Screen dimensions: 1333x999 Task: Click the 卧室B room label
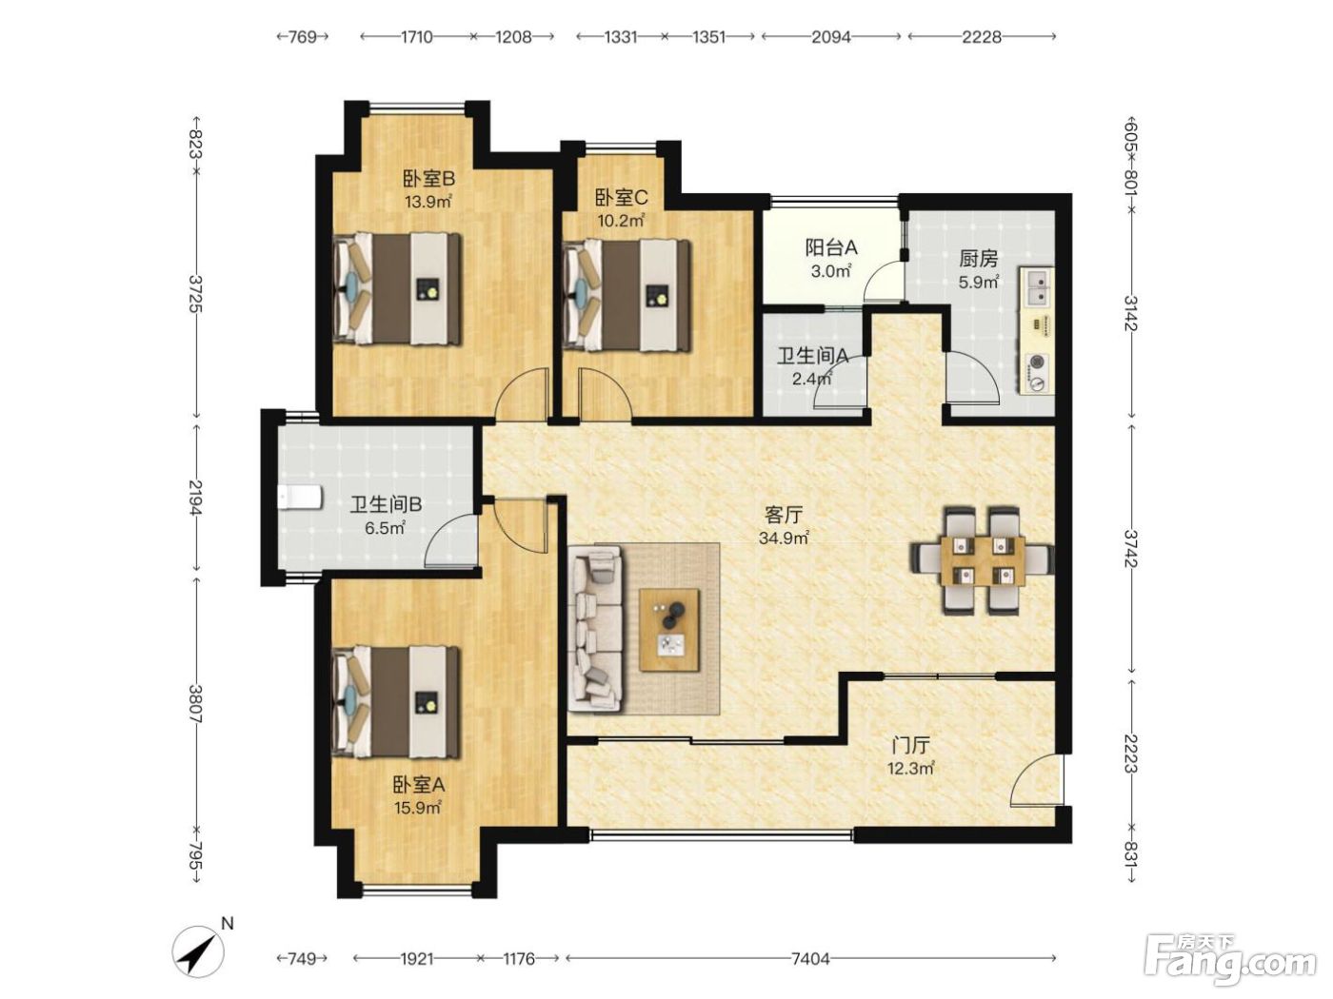[x=428, y=178]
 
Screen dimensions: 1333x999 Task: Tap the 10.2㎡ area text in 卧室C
[x=621, y=220]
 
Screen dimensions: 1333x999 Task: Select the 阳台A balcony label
[x=831, y=247]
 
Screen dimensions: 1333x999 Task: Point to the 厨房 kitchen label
[x=979, y=259]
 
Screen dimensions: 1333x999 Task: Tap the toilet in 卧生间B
[x=299, y=498]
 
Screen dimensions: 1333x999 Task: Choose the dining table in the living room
[x=982, y=560]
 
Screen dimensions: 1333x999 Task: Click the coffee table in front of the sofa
[x=669, y=630]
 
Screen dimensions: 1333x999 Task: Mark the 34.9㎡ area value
[x=784, y=538]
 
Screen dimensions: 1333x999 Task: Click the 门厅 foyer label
[x=910, y=746]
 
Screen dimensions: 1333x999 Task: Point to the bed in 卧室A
[x=396, y=702]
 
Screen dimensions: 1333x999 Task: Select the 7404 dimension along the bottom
[x=810, y=959]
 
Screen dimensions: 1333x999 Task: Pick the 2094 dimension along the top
[x=831, y=37]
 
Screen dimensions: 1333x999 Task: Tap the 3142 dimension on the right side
[x=1130, y=313]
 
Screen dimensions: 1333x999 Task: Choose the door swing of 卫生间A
[x=840, y=381]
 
